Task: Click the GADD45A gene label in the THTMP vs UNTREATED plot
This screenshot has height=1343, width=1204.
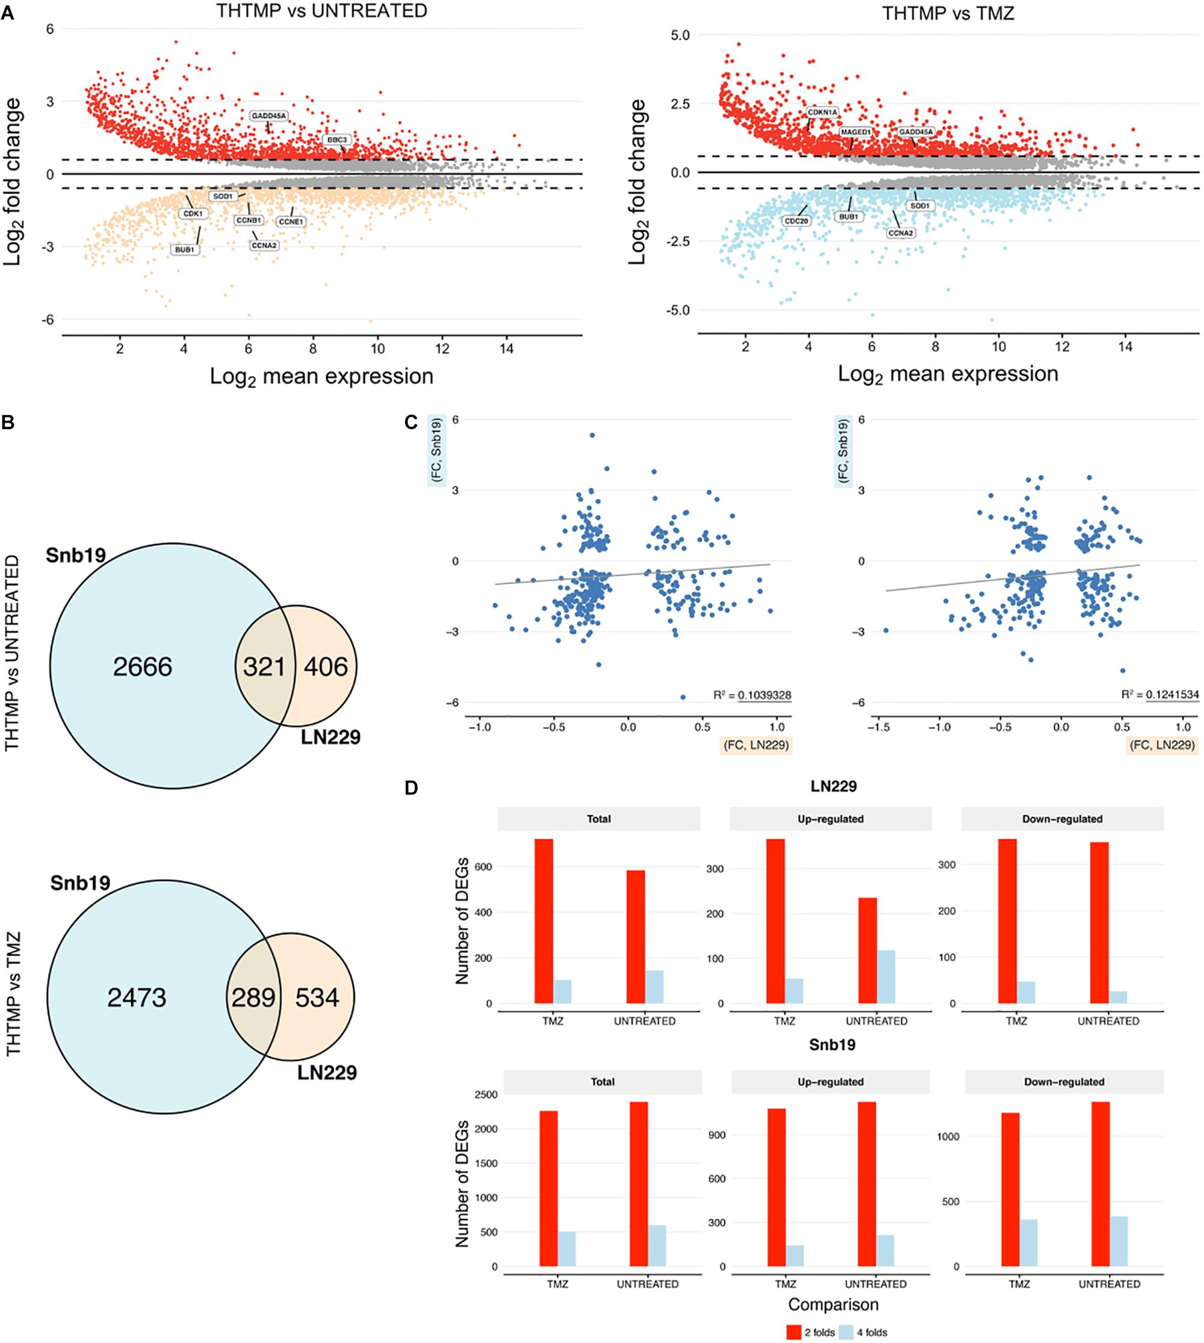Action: tap(268, 116)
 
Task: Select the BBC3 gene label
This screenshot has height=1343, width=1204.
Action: tap(337, 140)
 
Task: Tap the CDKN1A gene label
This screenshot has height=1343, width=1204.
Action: tap(822, 113)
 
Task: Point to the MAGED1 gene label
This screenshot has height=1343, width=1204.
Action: tap(855, 132)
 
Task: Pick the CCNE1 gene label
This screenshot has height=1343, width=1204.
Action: tap(290, 222)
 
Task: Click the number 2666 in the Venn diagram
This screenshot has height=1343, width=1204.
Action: tap(142, 667)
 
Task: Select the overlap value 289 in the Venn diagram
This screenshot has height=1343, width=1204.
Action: tap(253, 997)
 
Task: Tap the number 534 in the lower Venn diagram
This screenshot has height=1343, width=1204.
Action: tap(317, 997)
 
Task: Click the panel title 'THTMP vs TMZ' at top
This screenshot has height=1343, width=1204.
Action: tap(948, 13)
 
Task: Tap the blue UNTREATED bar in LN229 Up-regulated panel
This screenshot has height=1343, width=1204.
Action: tap(886, 977)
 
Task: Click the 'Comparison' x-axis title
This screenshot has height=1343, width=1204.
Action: tap(834, 1304)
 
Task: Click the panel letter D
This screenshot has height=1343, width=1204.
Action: tap(412, 789)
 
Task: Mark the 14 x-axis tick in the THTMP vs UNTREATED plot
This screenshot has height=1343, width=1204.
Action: tap(506, 349)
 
